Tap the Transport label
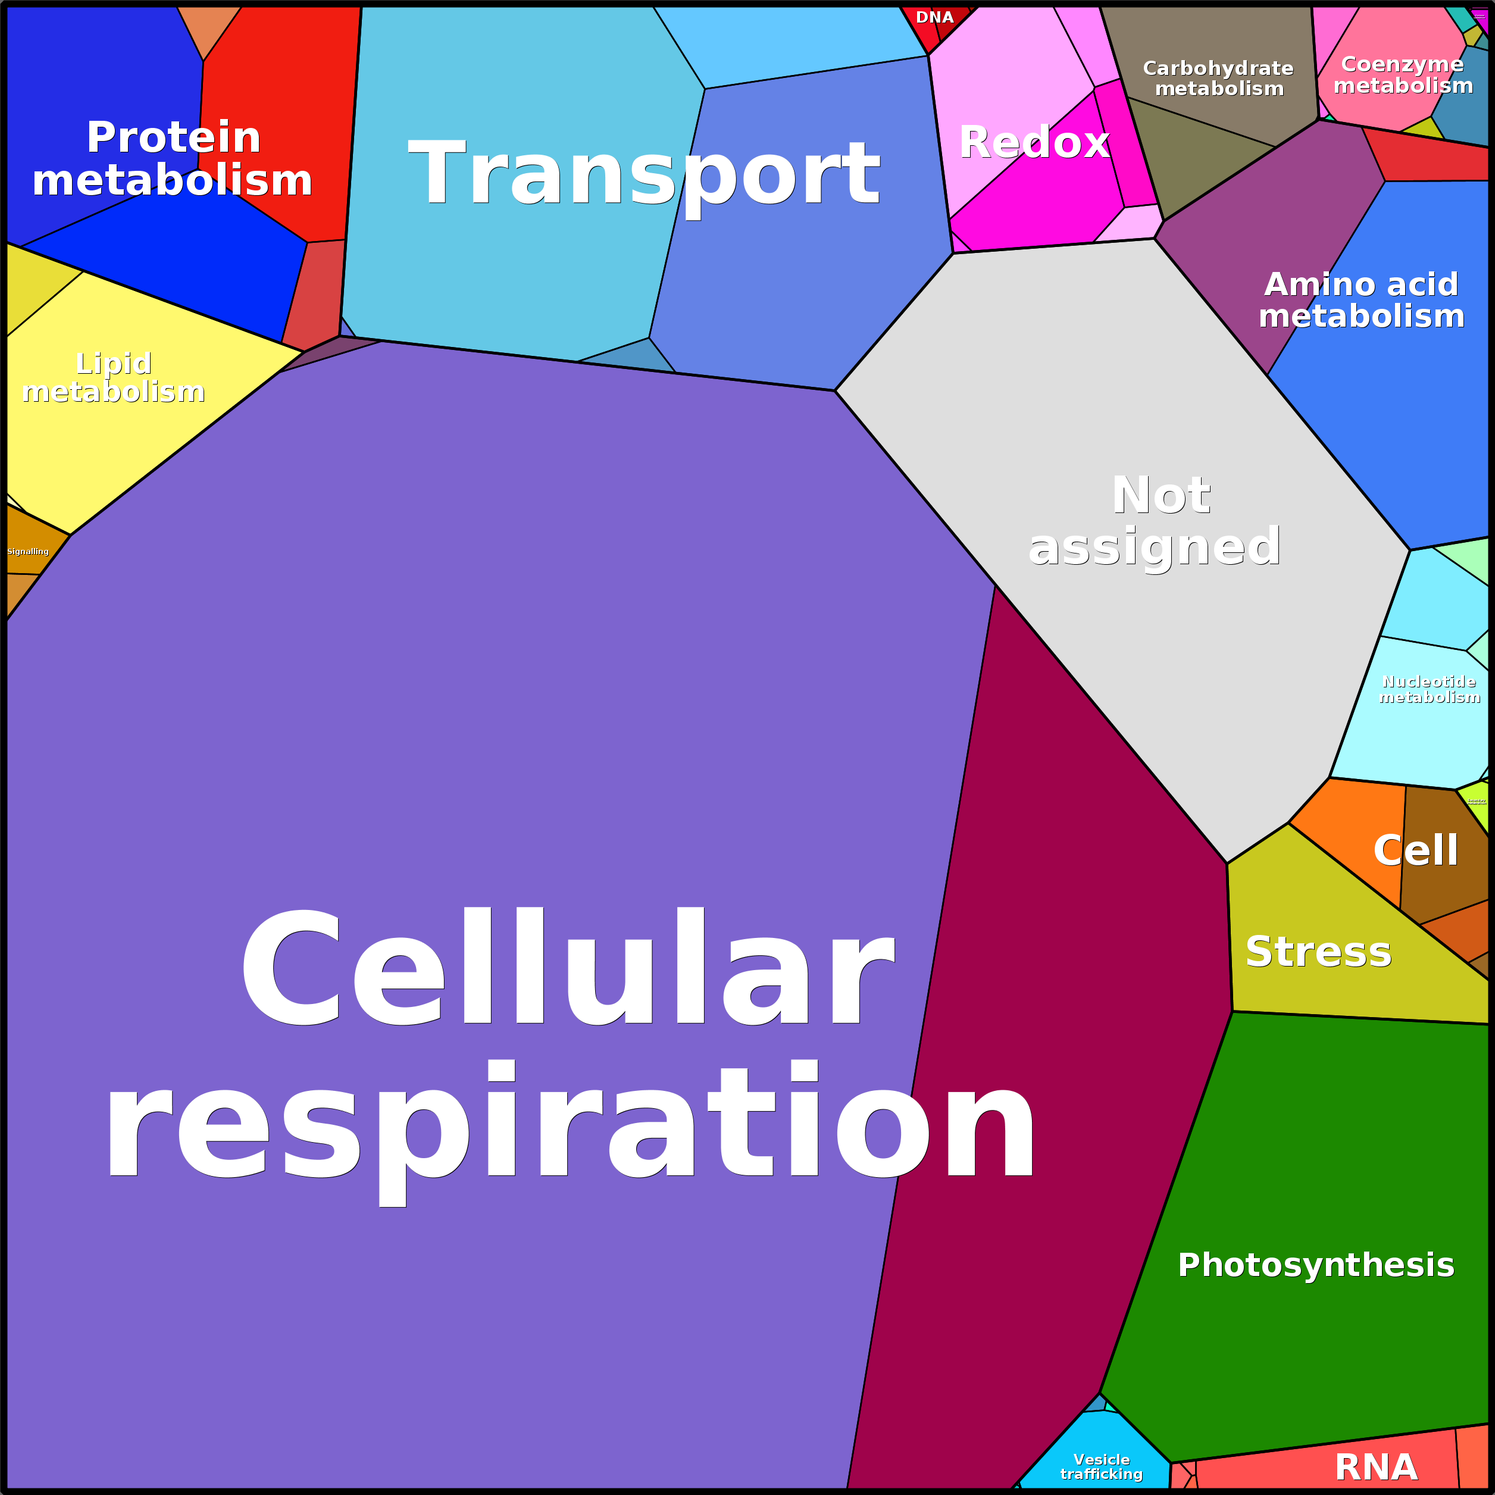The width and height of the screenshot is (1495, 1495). [x=644, y=173]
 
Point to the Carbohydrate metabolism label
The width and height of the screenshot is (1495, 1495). [x=1218, y=78]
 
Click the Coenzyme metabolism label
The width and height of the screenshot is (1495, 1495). [x=1402, y=74]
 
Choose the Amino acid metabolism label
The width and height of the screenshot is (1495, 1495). [x=1361, y=299]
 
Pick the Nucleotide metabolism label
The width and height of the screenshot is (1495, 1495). [x=1429, y=689]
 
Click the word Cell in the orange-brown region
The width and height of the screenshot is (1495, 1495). [x=1415, y=850]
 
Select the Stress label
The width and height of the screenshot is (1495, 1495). [x=1318, y=952]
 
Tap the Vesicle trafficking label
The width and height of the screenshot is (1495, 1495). [x=1101, y=1466]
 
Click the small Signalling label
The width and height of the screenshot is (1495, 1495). [x=28, y=552]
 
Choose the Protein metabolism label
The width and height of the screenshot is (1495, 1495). [x=173, y=159]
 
